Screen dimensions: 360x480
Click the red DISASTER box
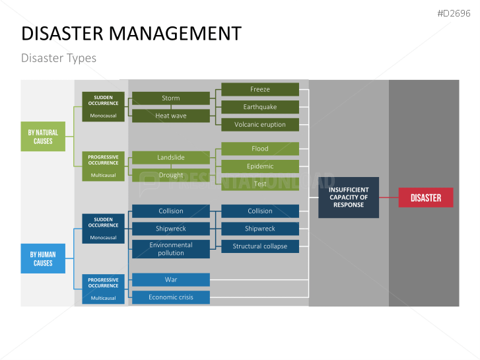[x=426, y=198]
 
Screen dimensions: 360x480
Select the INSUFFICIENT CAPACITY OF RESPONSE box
[x=349, y=197]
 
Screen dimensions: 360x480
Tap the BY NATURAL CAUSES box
[x=43, y=137]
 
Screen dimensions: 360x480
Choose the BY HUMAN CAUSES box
[x=43, y=258]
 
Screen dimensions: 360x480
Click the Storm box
[x=170, y=98]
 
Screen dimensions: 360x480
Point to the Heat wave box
[x=170, y=116]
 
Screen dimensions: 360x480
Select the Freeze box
[x=260, y=89]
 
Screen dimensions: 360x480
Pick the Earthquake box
[x=260, y=107]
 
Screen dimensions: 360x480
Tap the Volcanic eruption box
[x=260, y=124]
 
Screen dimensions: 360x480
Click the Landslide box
[x=170, y=158]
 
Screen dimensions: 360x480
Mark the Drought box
[x=170, y=175]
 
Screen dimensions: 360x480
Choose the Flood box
[x=260, y=149]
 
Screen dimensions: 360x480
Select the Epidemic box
[x=260, y=166]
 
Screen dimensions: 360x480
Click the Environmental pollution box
[x=170, y=249]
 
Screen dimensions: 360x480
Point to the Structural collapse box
[x=260, y=246]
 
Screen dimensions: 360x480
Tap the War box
[x=170, y=279]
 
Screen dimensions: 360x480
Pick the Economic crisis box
[x=170, y=297]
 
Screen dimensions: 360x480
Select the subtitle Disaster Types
[x=59, y=58]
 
